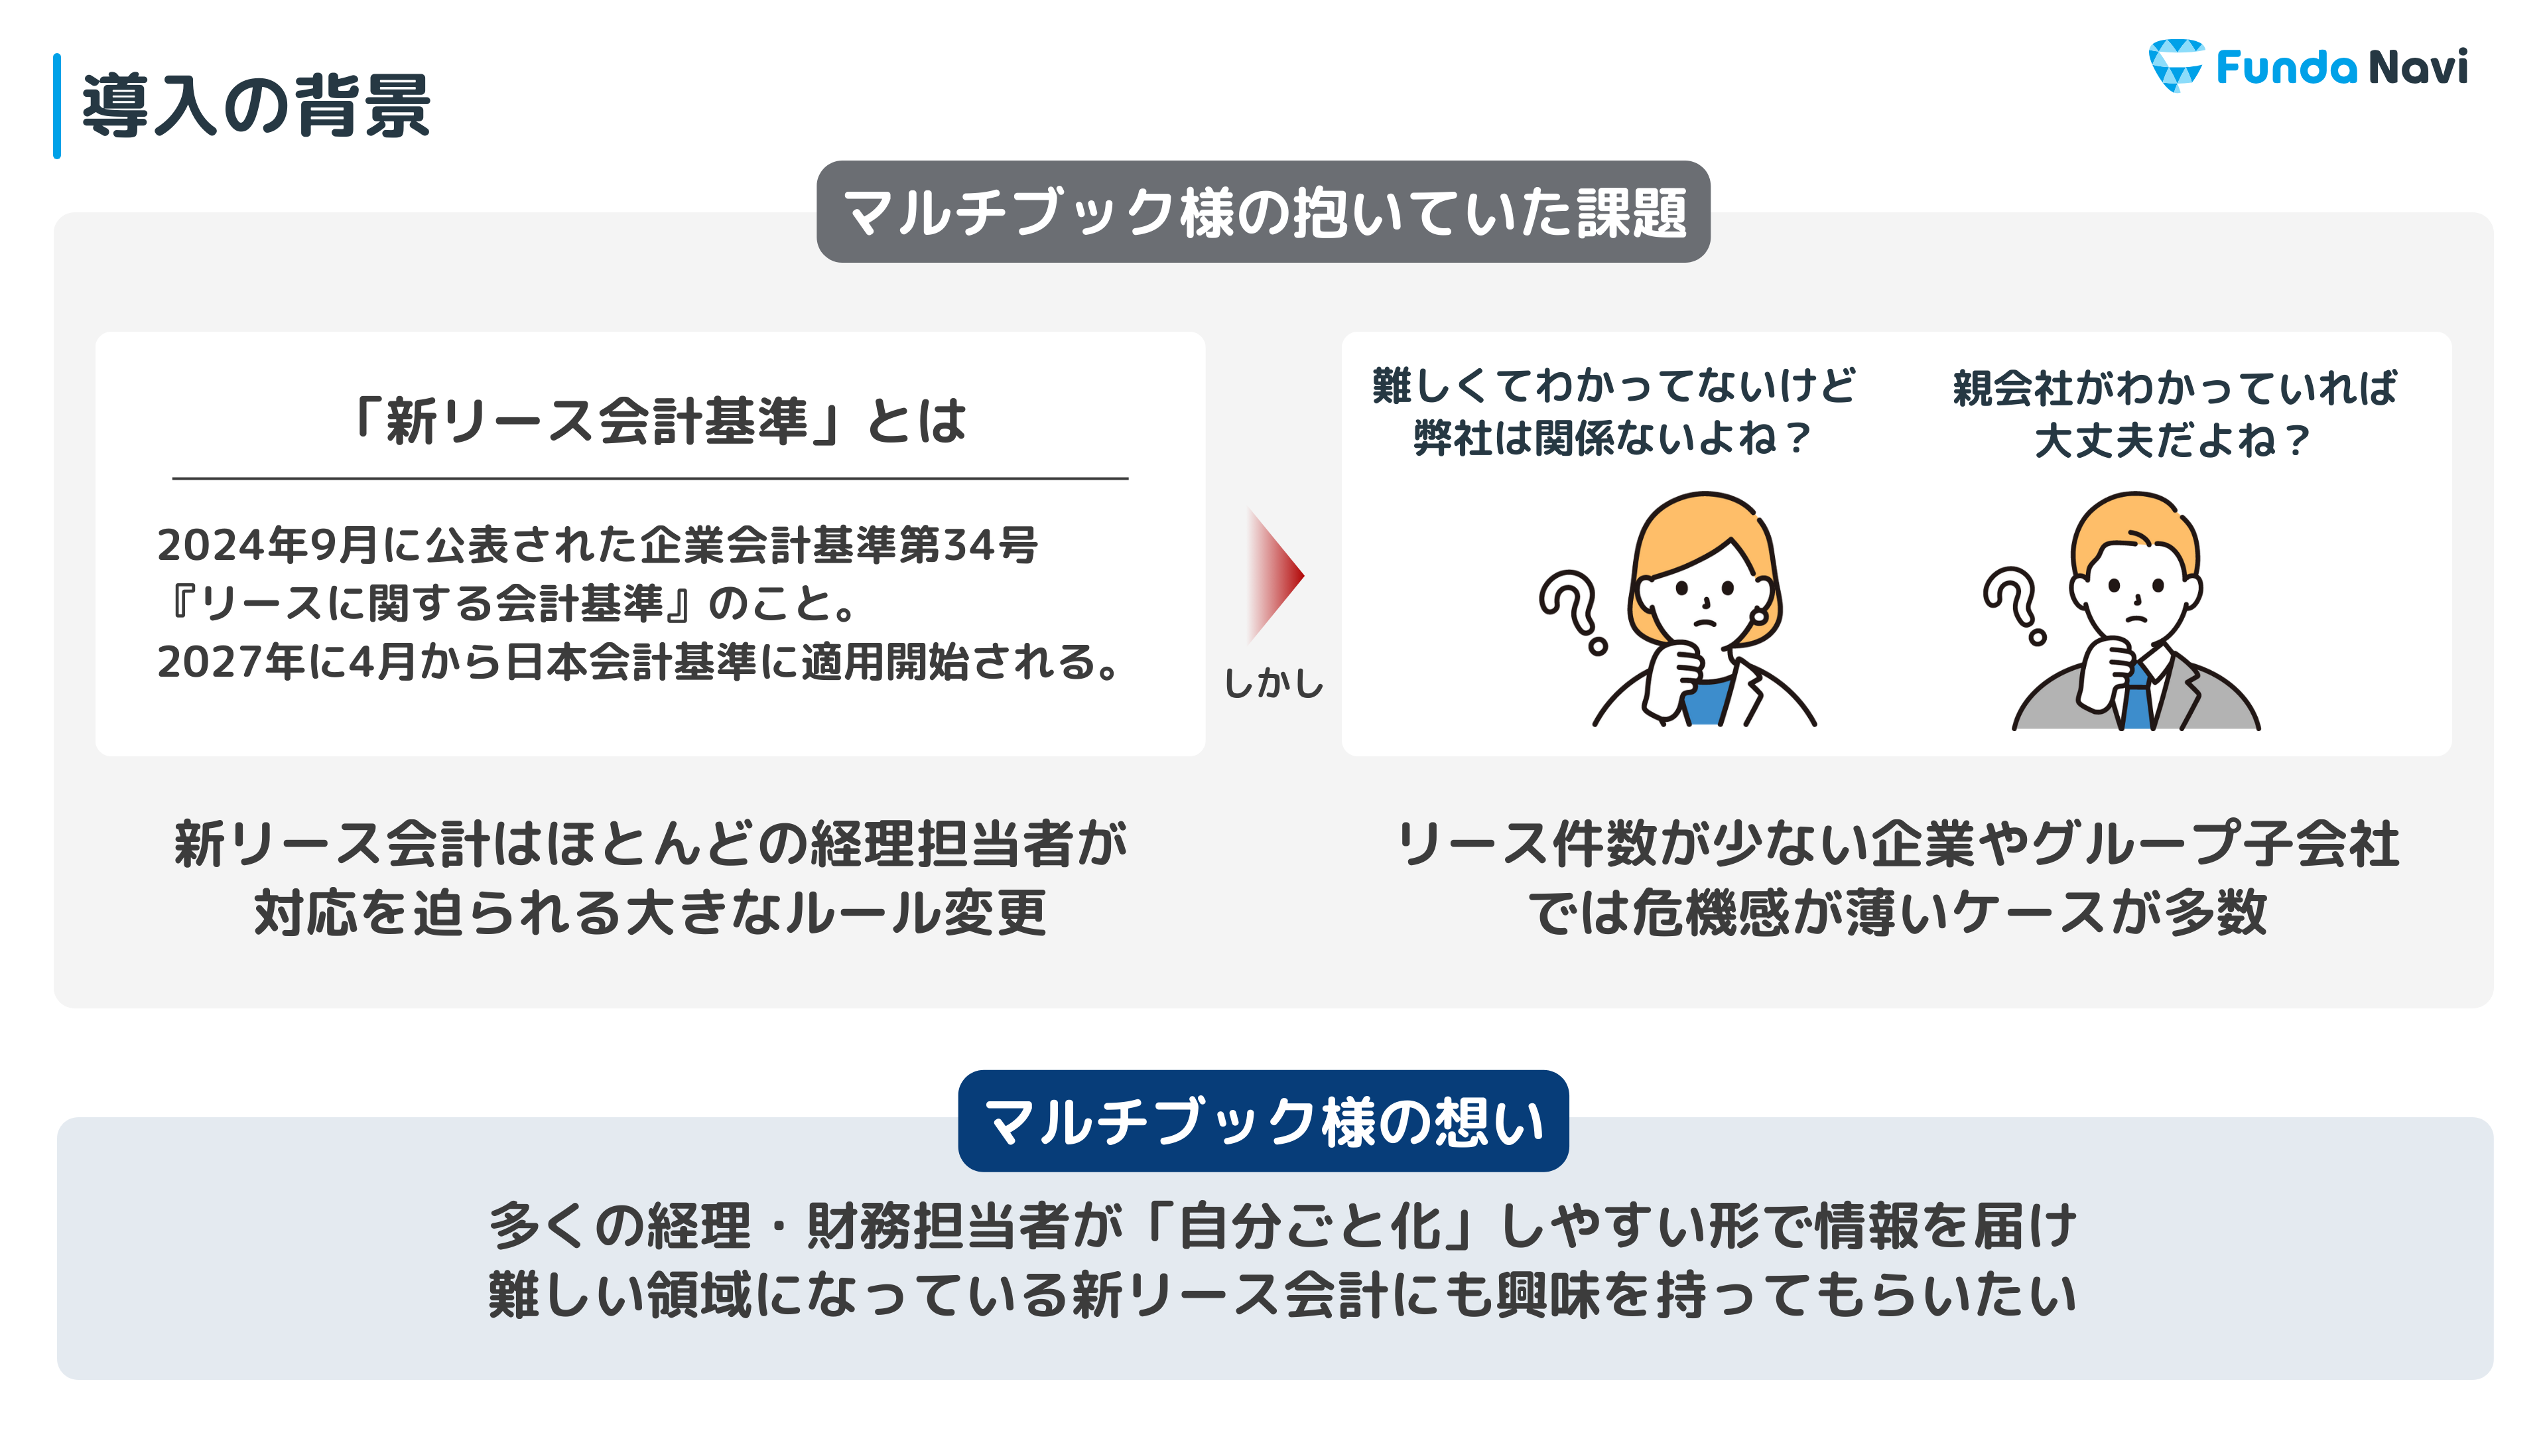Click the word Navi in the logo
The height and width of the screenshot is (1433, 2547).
point(2418,66)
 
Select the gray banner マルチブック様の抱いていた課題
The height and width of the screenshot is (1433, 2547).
point(1263,212)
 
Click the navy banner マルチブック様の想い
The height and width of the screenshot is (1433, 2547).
point(1263,1121)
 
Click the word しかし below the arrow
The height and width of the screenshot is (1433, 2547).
point(1273,683)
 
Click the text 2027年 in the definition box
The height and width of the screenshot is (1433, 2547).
point(231,661)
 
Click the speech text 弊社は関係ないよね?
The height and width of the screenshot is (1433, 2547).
point(1612,438)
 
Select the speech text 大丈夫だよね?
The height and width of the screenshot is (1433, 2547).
point(2172,440)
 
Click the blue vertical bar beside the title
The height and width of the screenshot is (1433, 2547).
point(57,106)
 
